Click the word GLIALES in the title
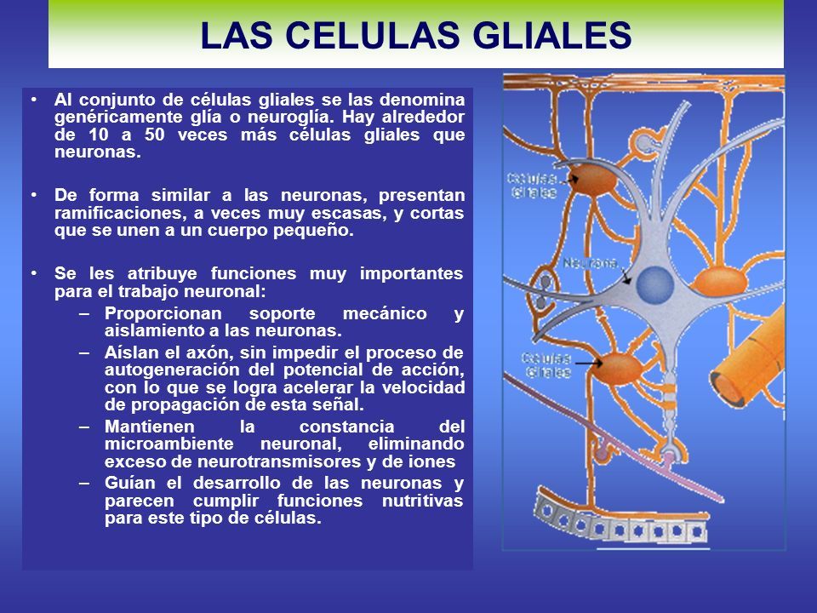click(552, 36)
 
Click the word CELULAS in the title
click(372, 36)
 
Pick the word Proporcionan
click(163, 314)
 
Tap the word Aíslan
click(131, 352)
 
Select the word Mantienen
click(150, 427)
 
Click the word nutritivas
click(423, 501)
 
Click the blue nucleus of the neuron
click(655, 285)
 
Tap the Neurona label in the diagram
click(591, 263)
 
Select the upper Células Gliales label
click(531, 186)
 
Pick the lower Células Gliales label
click(546, 365)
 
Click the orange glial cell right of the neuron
click(722, 282)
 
